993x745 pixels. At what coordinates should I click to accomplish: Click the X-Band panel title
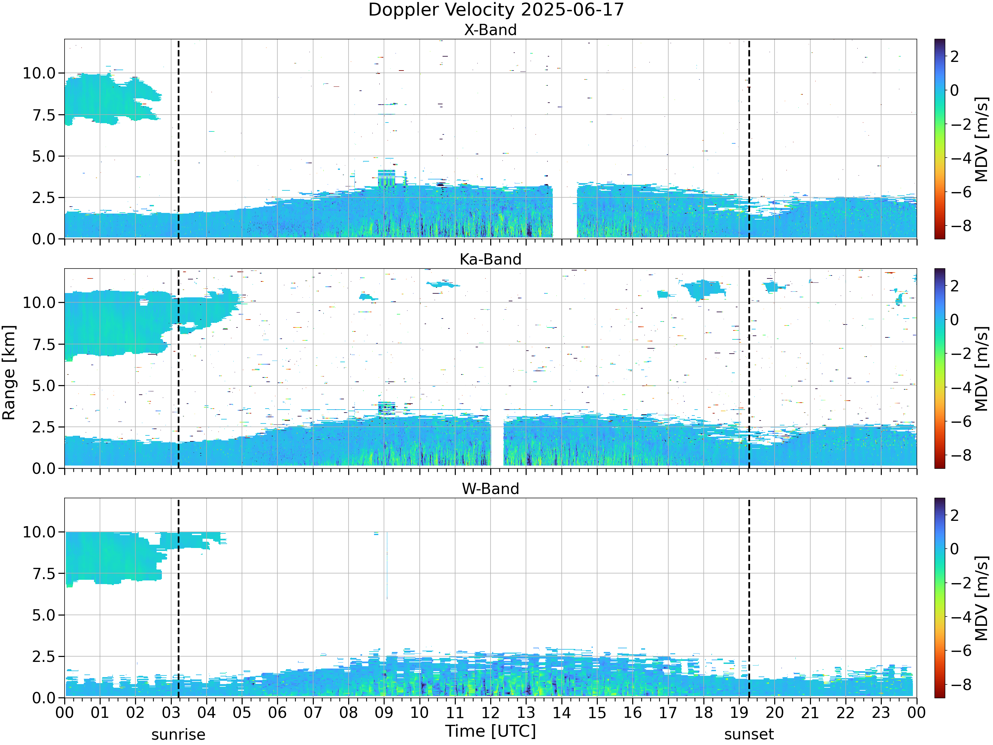(490, 30)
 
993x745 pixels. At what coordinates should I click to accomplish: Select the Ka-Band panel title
(490, 260)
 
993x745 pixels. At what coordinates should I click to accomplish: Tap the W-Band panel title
(490, 489)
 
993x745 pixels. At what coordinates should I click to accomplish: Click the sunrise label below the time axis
(178, 735)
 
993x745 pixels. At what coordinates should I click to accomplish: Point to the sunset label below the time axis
(749, 735)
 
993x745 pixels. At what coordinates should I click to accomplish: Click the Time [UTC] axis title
(490, 731)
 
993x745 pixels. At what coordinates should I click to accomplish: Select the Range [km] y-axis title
(9, 373)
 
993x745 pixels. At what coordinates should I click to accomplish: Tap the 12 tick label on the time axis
(490, 712)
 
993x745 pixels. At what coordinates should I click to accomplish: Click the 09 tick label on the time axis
(384, 712)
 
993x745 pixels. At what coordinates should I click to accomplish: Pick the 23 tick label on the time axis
(881, 712)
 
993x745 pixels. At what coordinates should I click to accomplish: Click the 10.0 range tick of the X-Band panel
(39, 73)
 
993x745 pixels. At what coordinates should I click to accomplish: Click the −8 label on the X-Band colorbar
(959, 226)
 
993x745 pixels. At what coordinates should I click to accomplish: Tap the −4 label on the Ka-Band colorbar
(959, 387)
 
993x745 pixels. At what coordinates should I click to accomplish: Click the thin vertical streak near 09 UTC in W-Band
(387, 566)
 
